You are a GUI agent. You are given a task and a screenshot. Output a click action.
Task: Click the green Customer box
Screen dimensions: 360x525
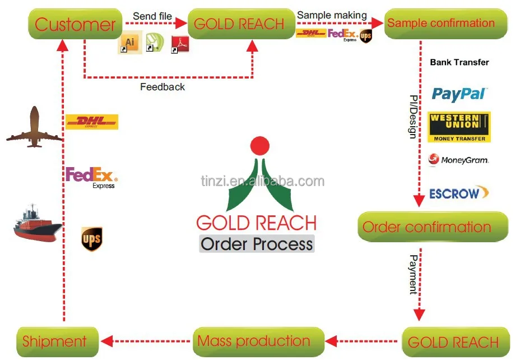tap(75, 24)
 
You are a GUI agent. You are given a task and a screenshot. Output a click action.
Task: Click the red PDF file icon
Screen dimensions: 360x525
tap(180, 43)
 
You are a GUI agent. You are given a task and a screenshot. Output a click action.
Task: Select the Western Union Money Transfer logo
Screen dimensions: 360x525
tap(459, 127)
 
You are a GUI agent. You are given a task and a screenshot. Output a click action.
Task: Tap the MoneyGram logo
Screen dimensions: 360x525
tap(458, 160)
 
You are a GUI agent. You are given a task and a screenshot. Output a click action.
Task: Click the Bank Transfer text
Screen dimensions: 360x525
tap(459, 62)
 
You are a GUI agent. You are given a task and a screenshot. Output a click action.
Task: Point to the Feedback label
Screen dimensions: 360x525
tap(162, 87)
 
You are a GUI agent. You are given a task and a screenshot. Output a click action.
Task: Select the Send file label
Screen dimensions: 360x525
tap(153, 16)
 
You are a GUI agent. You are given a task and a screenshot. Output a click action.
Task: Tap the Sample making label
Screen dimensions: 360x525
tap(332, 16)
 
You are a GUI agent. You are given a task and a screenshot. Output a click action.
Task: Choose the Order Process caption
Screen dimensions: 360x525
tap(257, 244)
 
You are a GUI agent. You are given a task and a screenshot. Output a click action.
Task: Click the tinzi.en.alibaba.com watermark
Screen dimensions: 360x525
tap(262, 181)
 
